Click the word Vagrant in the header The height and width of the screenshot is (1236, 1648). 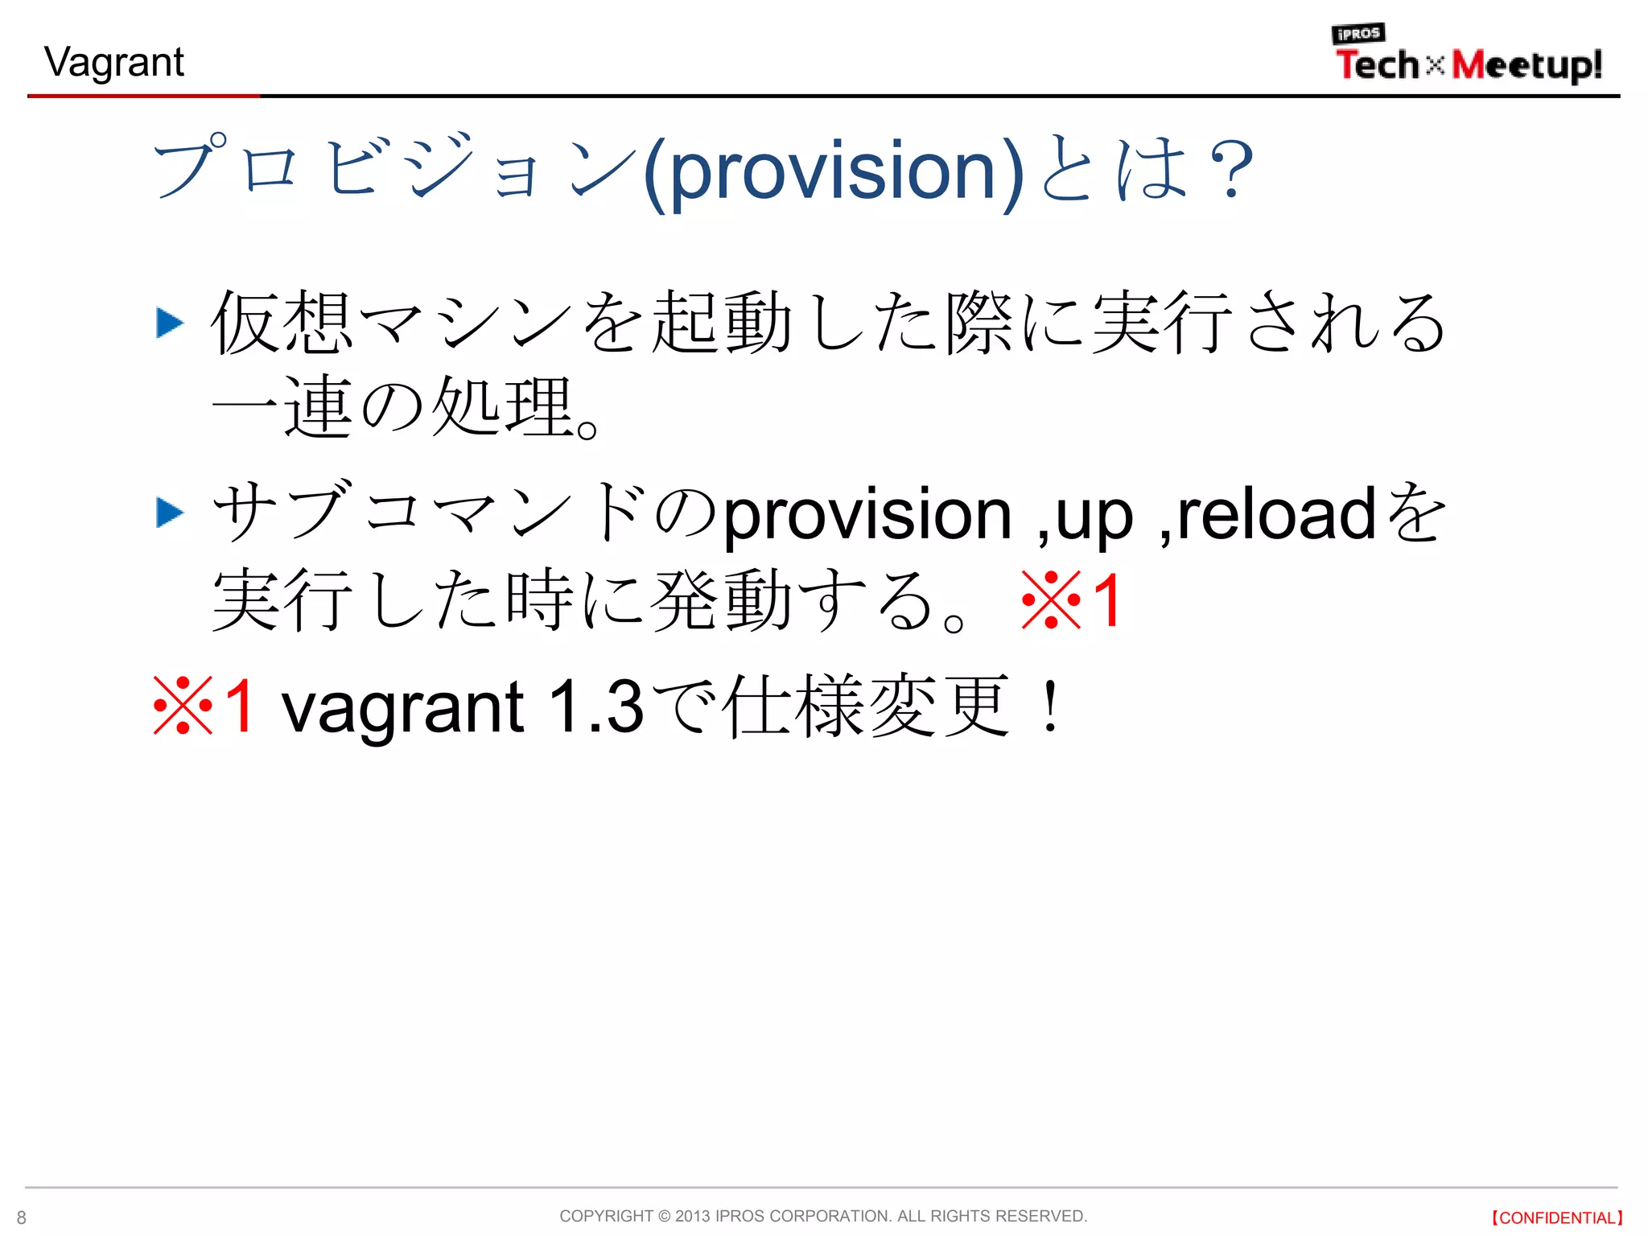point(114,63)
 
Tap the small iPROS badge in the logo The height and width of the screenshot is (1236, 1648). point(1358,34)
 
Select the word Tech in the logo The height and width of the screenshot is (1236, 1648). point(1377,65)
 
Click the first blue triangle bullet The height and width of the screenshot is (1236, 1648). point(169,323)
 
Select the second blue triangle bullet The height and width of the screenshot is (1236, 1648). point(169,513)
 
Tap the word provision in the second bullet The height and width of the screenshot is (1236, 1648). point(867,515)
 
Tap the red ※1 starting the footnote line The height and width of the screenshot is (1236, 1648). point(204,706)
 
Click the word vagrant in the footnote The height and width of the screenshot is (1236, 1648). point(402,708)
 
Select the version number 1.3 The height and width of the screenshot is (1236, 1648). point(595,706)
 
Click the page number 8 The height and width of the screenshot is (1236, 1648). point(22,1217)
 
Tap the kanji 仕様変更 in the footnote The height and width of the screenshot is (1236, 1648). point(866,706)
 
